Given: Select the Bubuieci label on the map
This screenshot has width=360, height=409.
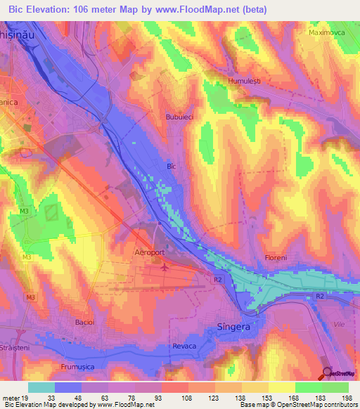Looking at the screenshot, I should [179, 117].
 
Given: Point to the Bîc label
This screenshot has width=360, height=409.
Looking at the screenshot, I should [170, 167].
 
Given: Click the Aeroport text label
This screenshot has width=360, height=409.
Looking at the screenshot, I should [149, 250].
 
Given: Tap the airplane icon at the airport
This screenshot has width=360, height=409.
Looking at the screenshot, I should [165, 267].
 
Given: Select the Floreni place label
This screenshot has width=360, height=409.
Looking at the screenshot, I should [276, 258].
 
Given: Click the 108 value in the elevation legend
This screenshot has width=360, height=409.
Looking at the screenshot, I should [174, 397].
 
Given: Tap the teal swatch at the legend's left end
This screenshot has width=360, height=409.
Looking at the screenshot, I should [41, 387].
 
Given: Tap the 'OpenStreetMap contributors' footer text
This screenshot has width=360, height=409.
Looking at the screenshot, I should [314, 405].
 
